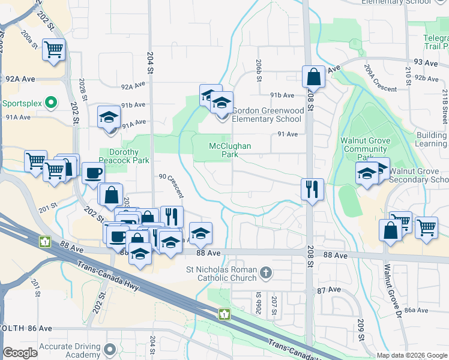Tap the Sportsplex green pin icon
[x=50, y=103]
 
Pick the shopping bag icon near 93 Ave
[x=313, y=76]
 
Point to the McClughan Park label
[x=229, y=150]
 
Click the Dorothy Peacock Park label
[x=128, y=156]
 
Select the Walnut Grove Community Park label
[x=366, y=149]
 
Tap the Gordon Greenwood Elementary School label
[x=267, y=115]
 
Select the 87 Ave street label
[x=330, y=289]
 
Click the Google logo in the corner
[x=20, y=353]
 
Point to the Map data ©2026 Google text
[x=412, y=355]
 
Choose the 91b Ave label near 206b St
[x=282, y=95]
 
